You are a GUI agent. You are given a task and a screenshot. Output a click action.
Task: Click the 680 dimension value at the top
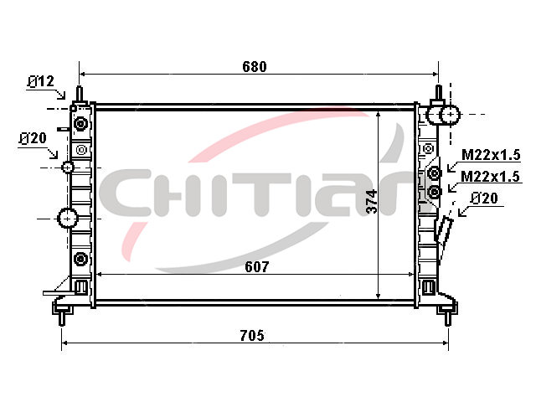(255, 67)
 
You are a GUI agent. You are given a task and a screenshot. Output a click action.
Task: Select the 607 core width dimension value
(257, 267)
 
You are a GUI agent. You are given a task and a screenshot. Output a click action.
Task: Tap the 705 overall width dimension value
(252, 335)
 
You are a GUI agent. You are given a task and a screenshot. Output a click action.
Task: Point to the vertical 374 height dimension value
(372, 202)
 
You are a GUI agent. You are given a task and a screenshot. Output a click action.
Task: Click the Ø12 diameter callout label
(41, 82)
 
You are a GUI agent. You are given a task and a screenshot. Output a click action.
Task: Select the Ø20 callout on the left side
(33, 138)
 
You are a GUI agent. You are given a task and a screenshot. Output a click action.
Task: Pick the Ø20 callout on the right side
(484, 198)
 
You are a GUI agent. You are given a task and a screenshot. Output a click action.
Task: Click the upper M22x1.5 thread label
(491, 155)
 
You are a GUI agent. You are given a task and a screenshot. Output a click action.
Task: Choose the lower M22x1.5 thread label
(490, 177)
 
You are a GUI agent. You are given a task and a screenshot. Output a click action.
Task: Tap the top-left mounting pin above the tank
(80, 93)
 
